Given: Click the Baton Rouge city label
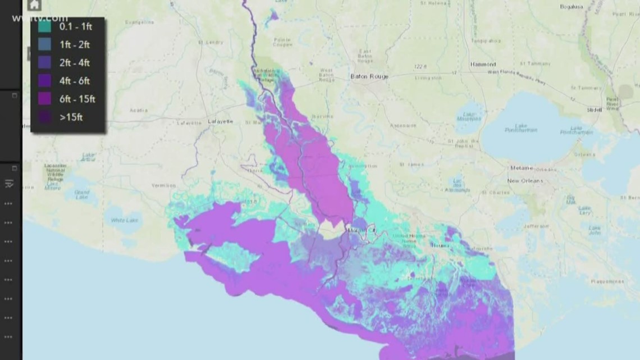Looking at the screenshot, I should (369, 76).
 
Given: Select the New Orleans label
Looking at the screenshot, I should (525, 181).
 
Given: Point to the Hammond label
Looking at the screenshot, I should (483, 65).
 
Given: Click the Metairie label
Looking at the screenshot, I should (521, 168).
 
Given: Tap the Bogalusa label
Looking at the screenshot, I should (572, 7).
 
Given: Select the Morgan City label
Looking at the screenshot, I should (362, 230).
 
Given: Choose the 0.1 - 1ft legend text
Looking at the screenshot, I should (75, 26).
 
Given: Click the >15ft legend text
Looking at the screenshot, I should (71, 117).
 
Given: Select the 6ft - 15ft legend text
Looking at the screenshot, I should (77, 99).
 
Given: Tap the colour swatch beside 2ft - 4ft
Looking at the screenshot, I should (45, 63).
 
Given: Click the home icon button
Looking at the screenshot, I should (34, 5).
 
